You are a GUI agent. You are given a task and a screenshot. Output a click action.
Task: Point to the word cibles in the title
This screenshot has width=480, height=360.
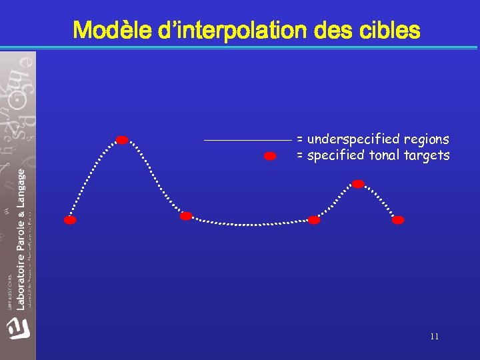coord(389,31)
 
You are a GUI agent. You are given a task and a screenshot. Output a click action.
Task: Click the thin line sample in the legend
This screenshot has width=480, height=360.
coord(247,140)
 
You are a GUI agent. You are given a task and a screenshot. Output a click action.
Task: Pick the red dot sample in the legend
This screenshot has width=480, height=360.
coord(270,157)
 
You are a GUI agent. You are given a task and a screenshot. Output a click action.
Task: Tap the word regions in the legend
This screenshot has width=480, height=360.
coord(426,140)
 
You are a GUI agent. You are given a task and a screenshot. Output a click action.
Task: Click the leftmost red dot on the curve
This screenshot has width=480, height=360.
coord(70,220)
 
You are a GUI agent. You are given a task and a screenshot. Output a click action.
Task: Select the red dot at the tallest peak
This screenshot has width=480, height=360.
coord(122,140)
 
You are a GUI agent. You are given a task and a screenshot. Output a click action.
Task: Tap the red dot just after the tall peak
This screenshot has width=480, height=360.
coord(186,216)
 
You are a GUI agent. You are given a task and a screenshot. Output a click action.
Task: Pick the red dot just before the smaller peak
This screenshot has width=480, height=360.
coord(314,220)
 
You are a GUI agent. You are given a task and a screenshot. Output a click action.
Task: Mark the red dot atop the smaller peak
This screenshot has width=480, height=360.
coord(358,183)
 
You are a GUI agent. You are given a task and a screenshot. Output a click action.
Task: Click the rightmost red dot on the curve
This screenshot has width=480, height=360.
coord(398,220)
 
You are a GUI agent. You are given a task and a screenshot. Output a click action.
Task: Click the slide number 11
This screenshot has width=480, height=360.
coord(434,337)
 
